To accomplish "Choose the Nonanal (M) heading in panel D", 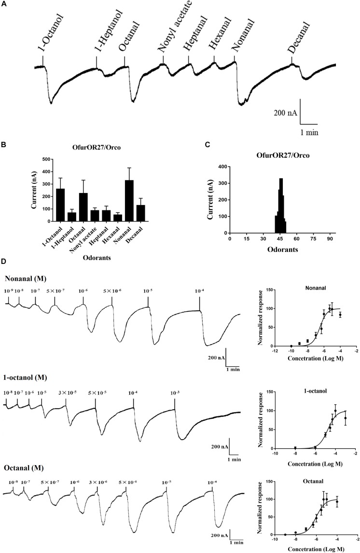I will [27, 279].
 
